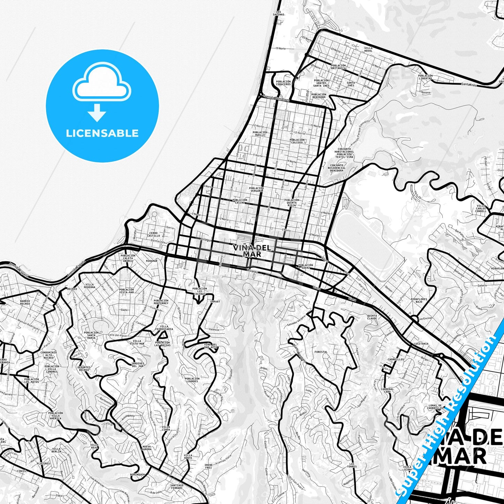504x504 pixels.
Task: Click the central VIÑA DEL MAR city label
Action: pyautogui.click(x=252, y=251)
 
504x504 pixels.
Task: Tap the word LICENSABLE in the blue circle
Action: pyautogui.click(x=102, y=133)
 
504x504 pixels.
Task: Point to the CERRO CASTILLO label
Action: pyautogui.click(x=153, y=234)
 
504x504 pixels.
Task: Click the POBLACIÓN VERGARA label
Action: pyautogui.click(x=256, y=189)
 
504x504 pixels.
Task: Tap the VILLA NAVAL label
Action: pyautogui.click(x=368, y=49)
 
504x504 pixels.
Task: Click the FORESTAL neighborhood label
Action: pyautogui.click(x=321, y=352)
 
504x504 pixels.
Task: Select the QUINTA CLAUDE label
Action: pyautogui.click(x=372, y=317)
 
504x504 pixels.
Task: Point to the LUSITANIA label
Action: pyautogui.click(x=421, y=344)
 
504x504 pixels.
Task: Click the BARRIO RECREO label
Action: pyautogui.click(x=25, y=302)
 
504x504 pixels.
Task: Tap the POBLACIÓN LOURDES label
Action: pyautogui.click(x=192, y=380)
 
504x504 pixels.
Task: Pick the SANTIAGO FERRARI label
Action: pyautogui.click(x=177, y=487)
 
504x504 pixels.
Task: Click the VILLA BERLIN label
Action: pyautogui.click(x=56, y=450)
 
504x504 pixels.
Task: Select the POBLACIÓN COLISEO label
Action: pyautogui.click(x=297, y=141)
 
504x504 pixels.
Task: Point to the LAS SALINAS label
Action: pyautogui.click(x=278, y=13)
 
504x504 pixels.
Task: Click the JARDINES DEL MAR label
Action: pyautogui.click(x=137, y=365)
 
